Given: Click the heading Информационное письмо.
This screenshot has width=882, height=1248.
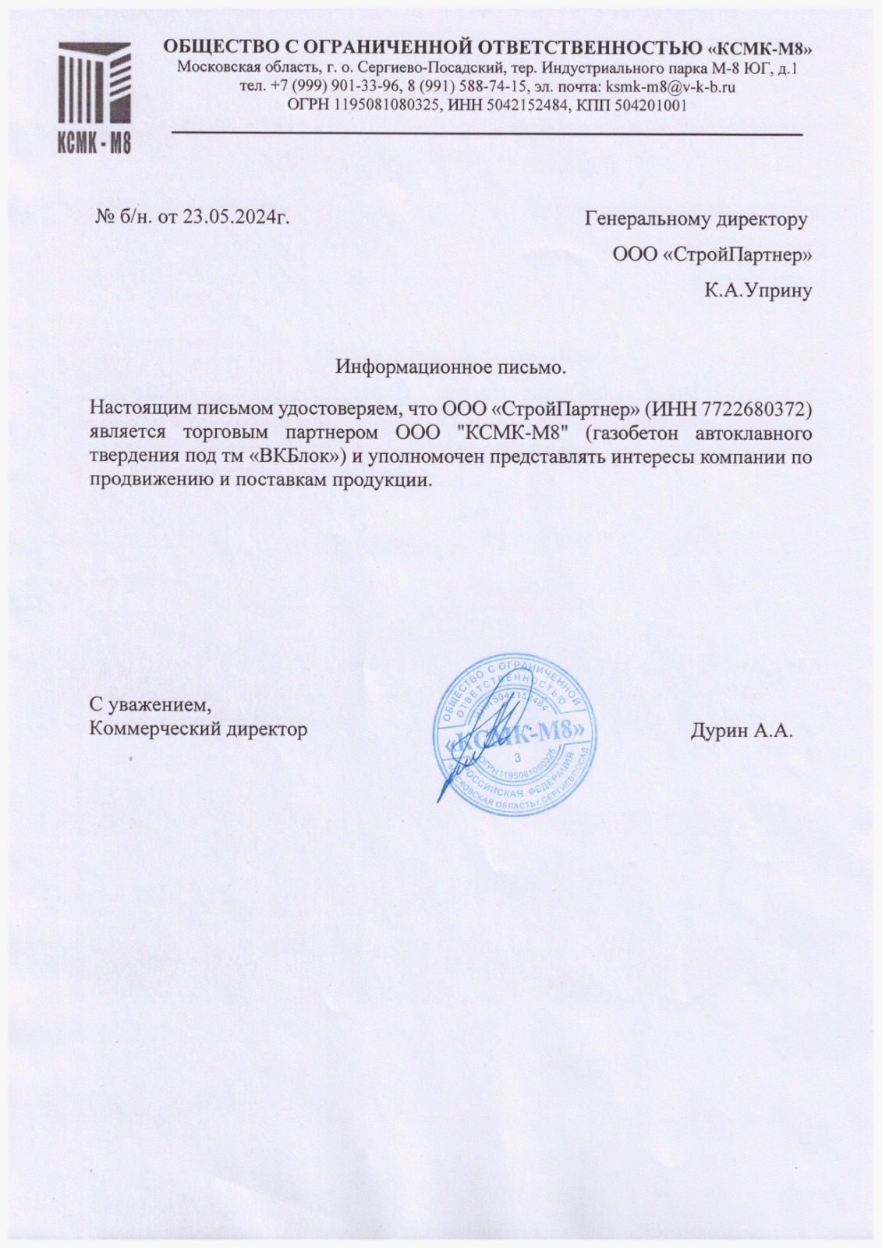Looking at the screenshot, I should [451, 367].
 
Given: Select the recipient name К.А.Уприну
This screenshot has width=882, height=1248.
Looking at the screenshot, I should [758, 292].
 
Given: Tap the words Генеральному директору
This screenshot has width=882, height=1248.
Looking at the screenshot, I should [696, 220].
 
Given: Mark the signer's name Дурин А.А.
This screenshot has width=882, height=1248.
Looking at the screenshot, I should [741, 731].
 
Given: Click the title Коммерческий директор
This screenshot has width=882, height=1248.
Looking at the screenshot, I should [199, 729].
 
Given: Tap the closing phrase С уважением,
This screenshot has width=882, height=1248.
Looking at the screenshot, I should [151, 705].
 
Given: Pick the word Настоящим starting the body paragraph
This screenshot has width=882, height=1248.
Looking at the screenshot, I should [133, 407].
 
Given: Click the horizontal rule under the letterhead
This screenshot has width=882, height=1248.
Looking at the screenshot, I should [487, 135].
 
